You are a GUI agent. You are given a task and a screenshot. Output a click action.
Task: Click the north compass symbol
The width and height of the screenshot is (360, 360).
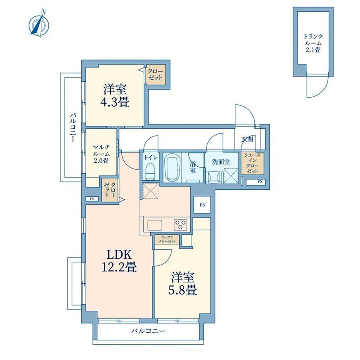[39, 23]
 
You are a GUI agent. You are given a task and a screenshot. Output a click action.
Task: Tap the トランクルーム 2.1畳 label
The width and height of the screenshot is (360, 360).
[313, 43]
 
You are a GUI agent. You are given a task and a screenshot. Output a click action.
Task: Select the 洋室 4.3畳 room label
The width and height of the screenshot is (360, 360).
[115, 96]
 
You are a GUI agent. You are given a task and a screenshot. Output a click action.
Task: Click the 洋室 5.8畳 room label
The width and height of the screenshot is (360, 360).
[182, 284]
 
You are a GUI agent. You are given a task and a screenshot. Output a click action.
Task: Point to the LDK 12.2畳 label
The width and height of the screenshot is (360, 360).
[119, 261]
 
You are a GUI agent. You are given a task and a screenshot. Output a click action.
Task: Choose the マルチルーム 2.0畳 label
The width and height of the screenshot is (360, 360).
[101, 154]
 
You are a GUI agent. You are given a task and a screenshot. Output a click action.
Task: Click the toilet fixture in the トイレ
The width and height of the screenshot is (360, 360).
[151, 171]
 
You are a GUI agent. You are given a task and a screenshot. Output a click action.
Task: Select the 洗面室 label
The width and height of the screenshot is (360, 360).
[221, 162]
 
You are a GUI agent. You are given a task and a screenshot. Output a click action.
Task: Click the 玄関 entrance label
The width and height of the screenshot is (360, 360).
[247, 139]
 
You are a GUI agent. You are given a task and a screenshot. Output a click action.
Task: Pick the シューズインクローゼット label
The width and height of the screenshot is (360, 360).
[252, 163]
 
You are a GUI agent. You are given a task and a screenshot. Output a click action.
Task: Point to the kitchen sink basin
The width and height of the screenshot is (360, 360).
[155, 225]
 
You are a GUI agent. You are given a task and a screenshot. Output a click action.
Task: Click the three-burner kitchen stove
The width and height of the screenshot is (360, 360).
[180, 225]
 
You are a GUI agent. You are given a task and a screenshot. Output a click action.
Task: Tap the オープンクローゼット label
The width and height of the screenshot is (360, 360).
[167, 239]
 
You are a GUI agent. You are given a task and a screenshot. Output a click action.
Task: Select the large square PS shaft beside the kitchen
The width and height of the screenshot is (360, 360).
[202, 205]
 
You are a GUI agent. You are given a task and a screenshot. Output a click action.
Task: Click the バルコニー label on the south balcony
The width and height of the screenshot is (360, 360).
[148, 331]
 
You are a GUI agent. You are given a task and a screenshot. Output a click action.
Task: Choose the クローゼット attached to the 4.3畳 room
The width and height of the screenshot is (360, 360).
[155, 74]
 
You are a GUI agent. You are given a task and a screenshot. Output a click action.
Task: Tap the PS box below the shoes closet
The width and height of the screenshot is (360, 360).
[255, 182]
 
